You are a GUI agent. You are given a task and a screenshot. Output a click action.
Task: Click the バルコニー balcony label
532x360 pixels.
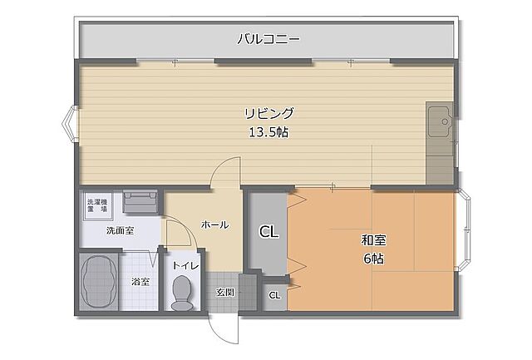click(x=268, y=38)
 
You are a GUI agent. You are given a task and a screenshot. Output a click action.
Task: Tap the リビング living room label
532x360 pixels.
click(x=268, y=113)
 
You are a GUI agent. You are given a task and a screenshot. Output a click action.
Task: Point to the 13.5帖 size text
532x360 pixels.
click(x=268, y=132)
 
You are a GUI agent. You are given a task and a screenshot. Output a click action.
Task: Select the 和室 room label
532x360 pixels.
click(x=373, y=240)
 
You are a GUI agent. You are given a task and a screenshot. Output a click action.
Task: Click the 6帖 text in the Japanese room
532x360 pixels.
click(x=373, y=259)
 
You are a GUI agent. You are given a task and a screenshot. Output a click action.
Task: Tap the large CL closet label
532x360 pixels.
click(x=268, y=232)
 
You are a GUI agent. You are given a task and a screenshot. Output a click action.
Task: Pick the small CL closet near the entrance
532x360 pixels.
click(x=274, y=295)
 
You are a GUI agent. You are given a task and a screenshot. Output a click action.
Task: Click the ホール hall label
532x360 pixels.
click(x=214, y=224)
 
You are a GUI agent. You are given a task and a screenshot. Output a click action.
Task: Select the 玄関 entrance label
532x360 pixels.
click(x=224, y=292)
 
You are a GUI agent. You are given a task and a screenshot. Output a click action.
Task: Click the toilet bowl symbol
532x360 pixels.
click(x=181, y=293)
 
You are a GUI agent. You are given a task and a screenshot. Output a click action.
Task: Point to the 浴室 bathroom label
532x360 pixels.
click(x=140, y=282)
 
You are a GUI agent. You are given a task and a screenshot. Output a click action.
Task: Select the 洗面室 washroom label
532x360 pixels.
click(x=120, y=230)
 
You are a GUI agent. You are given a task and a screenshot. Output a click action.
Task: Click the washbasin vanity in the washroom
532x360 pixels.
click(x=140, y=201)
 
